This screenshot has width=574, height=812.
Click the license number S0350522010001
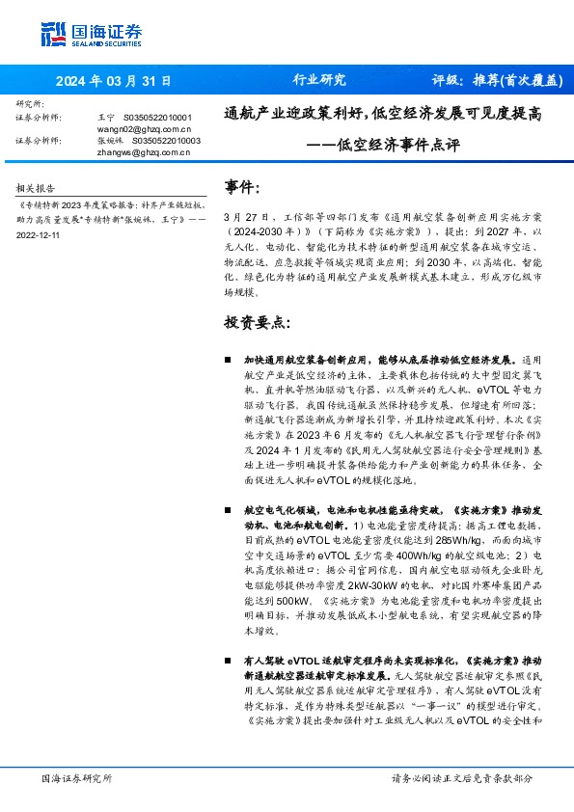point(161,116)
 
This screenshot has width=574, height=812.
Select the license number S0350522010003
point(163,140)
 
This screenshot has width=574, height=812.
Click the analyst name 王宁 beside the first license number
point(106,116)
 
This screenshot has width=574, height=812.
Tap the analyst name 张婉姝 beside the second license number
point(111,140)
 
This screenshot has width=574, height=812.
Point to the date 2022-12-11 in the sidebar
point(38,234)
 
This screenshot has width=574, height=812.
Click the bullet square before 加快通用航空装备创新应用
point(228,358)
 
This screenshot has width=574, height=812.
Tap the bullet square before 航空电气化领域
point(228,507)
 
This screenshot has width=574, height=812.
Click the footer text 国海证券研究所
point(76,777)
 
